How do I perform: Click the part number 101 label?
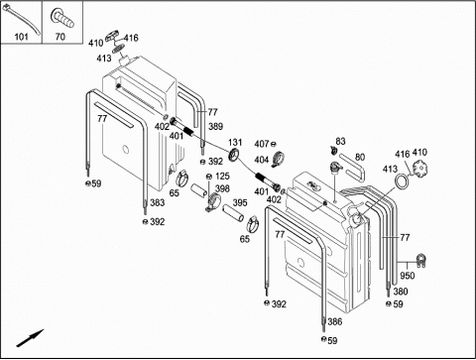coord(21,37)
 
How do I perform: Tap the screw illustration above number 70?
coord(62,18)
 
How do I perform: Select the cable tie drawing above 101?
coord(21,21)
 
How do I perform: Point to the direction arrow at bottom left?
coord(30,338)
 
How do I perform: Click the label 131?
coord(235,143)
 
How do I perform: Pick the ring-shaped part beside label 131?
coord(234,155)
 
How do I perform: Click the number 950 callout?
coord(407,276)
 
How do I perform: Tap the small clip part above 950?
coord(420,260)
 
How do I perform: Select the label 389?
coord(215,126)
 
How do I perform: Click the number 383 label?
coord(158,202)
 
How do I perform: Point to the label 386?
coord(335,321)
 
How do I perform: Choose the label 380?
coord(401,292)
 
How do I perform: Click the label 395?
coord(240,202)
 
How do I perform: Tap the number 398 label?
coord(222,188)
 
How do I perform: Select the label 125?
coord(222,177)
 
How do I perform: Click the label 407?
coord(262,144)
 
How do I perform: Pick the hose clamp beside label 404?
coord(278,159)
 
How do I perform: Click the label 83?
coord(340,141)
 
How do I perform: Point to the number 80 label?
coord(360,157)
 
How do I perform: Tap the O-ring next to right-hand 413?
coord(402,181)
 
